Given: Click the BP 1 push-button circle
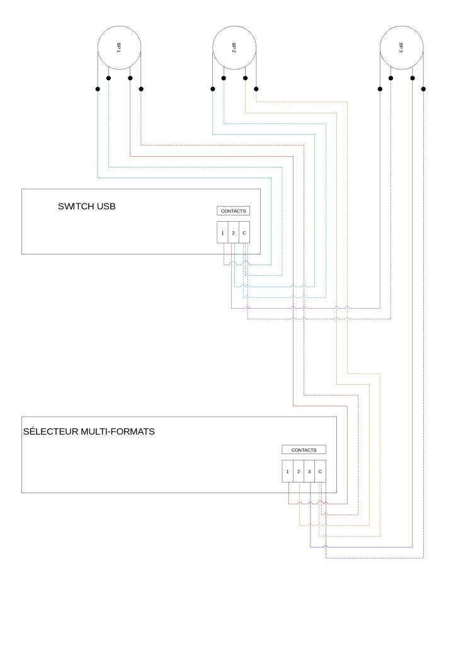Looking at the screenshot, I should pos(119,47).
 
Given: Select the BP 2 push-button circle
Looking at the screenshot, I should pos(234,47).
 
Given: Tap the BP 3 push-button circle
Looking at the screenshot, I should pos(402,47).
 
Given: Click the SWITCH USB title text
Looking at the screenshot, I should pos(87,206).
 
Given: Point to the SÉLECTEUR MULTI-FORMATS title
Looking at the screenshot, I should pos(89,431).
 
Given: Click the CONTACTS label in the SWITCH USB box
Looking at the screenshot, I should pos(233,211).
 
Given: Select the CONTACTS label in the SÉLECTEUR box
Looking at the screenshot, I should pos(304,450).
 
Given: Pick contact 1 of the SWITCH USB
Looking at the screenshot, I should pos(222,233).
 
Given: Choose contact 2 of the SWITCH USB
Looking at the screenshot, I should pos(233,233).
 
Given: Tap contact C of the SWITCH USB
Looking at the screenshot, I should pos(244,233).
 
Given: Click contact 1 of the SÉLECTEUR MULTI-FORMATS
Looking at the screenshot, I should pos(288,471).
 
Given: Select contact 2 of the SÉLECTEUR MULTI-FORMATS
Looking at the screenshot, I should pos(299,471).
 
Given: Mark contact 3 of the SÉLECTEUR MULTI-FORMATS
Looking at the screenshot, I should pos(309,471).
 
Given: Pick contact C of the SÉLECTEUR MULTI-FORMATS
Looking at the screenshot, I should pos(321,471).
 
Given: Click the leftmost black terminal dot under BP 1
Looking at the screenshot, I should pos(98,89).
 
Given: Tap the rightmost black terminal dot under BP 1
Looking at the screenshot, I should pos(141,89).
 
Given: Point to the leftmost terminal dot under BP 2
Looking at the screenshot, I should pos(212,89).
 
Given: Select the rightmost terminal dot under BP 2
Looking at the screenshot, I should pos(256,89).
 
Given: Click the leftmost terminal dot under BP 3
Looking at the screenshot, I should pos(380,89).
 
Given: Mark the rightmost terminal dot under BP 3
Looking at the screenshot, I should pos(424,89).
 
